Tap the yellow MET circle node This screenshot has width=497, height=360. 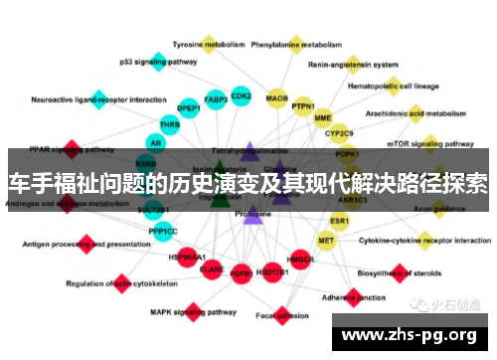[326, 240]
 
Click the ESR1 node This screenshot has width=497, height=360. [340, 219]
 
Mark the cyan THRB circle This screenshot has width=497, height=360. [169, 124]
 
